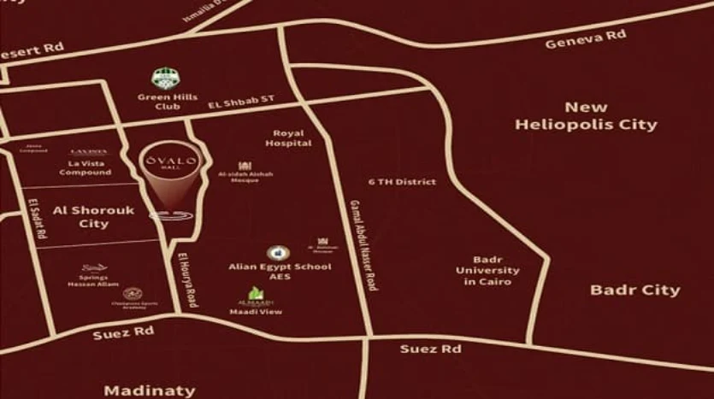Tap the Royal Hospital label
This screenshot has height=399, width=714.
click(x=287, y=138)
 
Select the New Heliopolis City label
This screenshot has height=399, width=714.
click(x=586, y=116)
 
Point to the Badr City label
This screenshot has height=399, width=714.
click(x=634, y=290)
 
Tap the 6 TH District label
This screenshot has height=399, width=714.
click(x=402, y=182)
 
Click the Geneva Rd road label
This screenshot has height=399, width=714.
click(x=586, y=39)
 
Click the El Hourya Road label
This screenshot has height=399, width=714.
click(x=187, y=279)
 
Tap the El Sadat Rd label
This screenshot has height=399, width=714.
click(x=38, y=219)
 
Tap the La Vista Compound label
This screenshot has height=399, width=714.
click(x=86, y=167)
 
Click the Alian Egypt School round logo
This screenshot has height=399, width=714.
click(x=277, y=253)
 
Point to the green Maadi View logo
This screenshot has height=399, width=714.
click(x=256, y=295)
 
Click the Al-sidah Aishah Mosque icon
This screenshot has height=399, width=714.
click(x=245, y=166)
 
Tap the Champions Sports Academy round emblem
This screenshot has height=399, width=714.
click(x=132, y=294)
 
